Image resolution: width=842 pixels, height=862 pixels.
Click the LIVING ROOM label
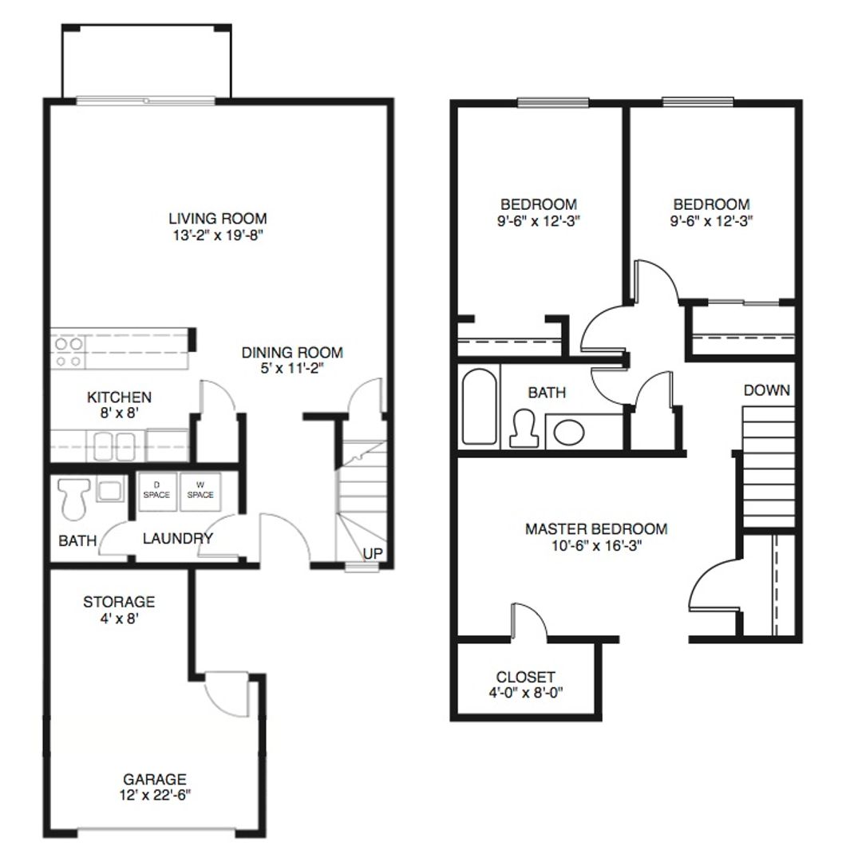217,218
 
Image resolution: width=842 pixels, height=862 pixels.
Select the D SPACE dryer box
156,490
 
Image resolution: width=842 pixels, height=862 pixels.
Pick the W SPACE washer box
200,490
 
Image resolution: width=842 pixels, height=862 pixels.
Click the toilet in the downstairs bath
74,497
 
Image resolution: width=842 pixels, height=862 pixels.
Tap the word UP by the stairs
373,553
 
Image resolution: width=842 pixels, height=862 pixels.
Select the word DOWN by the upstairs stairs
766,390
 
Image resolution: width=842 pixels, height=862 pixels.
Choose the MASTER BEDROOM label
595,528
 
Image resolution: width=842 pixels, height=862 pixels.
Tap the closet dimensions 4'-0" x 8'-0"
525,693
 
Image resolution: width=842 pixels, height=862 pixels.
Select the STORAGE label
119,601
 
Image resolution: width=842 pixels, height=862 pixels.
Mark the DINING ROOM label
292,352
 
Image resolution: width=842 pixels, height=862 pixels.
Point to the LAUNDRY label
177,539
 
